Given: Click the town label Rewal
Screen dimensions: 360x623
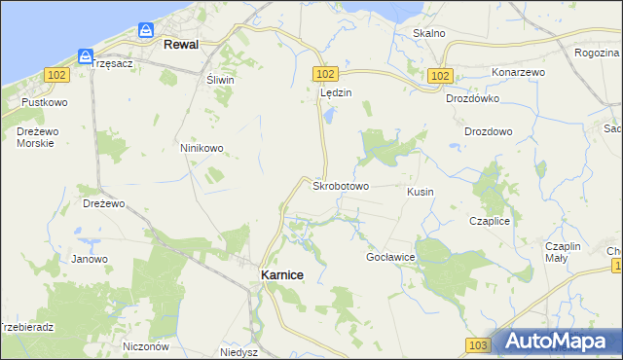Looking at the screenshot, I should tap(181, 45).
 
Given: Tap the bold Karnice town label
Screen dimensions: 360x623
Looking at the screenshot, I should tap(282, 275).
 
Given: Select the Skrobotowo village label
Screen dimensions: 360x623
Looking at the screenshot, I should tap(340, 185).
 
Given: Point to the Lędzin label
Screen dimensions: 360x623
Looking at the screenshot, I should tap(335, 93).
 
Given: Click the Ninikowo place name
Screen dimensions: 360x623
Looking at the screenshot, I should tap(202, 149).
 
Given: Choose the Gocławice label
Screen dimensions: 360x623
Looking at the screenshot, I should tap(390, 257).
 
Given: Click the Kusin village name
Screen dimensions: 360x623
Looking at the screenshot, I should tap(420, 193).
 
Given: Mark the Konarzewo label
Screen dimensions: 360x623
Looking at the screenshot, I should tap(518, 73).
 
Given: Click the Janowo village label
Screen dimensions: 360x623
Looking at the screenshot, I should tap(90, 259).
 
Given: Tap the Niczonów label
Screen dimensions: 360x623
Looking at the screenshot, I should tap(147, 346).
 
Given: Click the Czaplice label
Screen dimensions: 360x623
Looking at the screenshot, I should tap(490, 222).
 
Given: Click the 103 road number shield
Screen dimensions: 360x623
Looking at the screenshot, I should tap(477, 345).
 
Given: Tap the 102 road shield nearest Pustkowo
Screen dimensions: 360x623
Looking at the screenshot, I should tap(57, 76).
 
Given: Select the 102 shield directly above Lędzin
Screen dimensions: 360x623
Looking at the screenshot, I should tap(326, 75).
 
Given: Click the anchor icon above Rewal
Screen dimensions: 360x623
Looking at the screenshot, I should tap(145, 31).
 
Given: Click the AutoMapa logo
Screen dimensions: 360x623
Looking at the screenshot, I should tap(555, 341).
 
